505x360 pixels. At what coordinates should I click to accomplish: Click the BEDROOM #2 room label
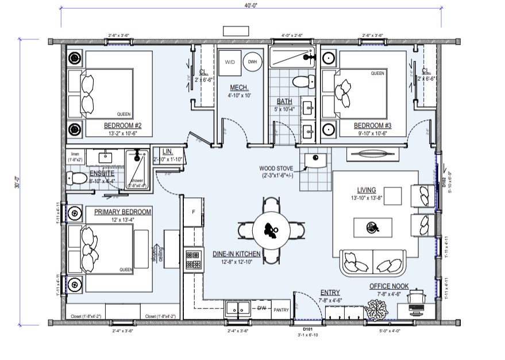pos(119,125)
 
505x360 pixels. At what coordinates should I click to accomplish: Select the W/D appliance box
pos(230,62)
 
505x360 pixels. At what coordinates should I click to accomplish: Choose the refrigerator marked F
pos(194,211)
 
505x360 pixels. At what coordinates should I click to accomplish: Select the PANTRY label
pos(281,309)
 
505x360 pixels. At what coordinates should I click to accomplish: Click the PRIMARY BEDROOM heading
pos(123,212)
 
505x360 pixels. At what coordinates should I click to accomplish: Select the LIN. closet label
pos(159,151)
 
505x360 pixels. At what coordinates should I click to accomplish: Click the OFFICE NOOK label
pos(393,286)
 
